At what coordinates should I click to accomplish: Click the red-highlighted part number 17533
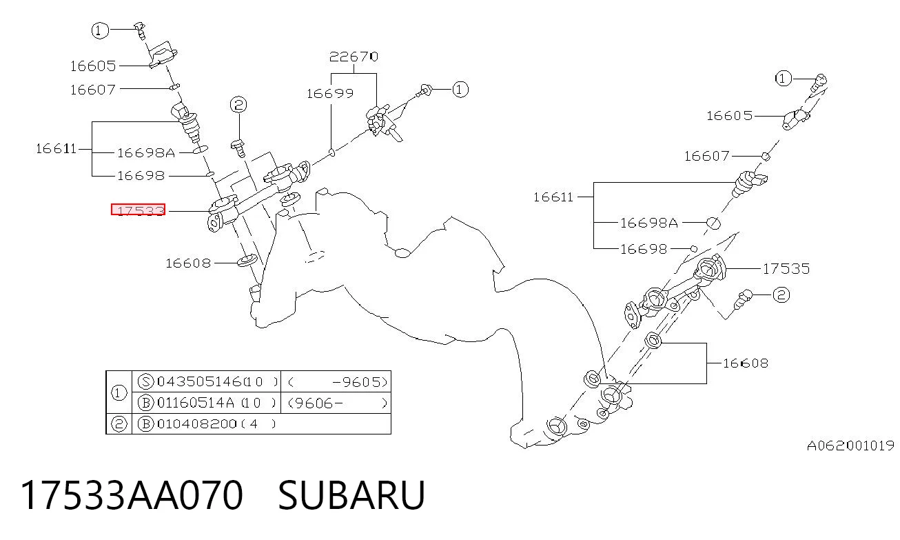click(139, 210)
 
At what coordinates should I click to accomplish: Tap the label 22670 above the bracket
click(354, 57)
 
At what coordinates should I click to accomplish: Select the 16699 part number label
click(330, 94)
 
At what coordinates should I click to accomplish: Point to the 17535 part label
click(786, 268)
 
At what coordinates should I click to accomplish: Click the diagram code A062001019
click(850, 446)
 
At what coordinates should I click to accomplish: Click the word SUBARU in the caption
click(351, 495)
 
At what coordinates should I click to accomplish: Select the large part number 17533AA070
click(132, 495)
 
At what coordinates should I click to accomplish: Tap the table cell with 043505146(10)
click(217, 381)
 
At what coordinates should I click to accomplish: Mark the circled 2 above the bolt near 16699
click(238, 105)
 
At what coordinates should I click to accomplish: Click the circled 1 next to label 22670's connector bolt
click(460, 89)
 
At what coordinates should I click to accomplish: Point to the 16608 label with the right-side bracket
click(746, 363)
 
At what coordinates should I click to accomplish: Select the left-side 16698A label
click(146, 153)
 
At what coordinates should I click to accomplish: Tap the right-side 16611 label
click(553, 197)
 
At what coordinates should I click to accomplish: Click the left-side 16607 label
click(93, 89)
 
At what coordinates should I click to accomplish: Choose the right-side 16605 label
click(729, 116)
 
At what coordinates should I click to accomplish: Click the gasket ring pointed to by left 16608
click(247, 261)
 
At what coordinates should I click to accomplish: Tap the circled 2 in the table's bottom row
click(119, 424)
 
